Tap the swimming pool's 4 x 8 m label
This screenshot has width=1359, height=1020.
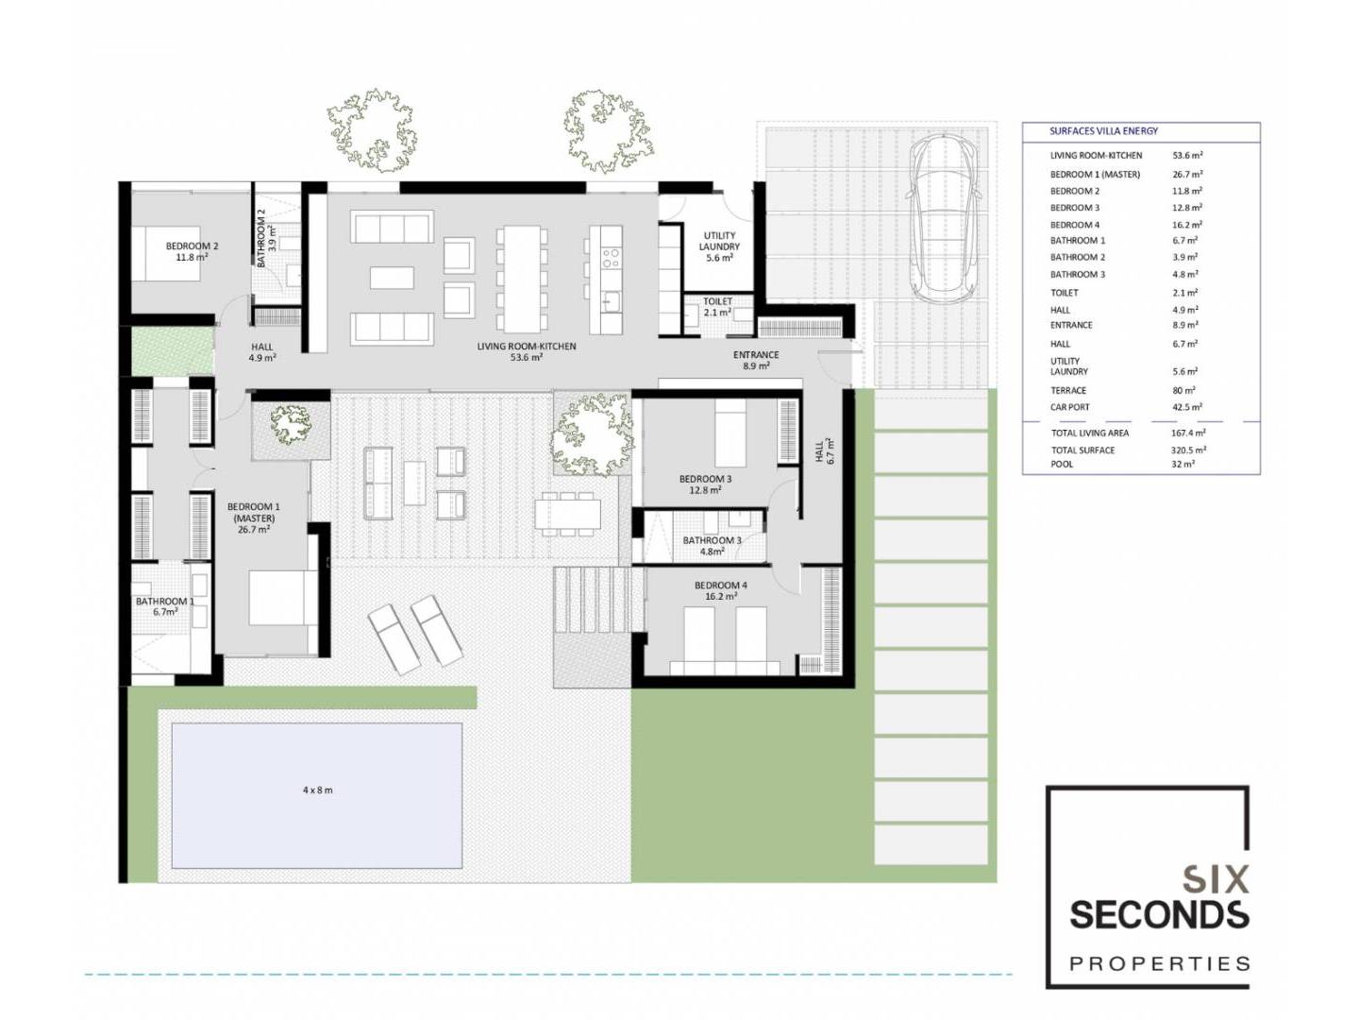click(318, 790)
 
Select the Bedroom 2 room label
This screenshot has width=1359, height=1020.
click(192, 251)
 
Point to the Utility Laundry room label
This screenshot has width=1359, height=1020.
click(719, 246)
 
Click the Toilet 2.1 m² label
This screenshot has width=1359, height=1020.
click(717, 307)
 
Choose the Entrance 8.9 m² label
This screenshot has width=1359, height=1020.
click(756, 361)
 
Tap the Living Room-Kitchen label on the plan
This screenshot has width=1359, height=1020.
click(527, 351)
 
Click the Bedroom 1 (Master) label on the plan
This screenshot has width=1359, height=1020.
click(254, 518)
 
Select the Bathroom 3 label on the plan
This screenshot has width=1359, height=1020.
click(712, 546)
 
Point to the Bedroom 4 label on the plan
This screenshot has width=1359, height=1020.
click(721, 591)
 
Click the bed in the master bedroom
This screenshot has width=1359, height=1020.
click(284, 598)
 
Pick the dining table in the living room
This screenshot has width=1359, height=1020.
click(522, 280)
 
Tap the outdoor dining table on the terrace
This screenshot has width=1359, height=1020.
click(567, 513)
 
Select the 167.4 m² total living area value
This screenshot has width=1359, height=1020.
click(1188, 433)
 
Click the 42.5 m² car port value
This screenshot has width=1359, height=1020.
click(1187, 407)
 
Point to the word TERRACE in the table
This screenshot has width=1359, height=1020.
click(1068, 390)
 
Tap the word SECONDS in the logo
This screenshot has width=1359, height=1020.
click(1158, 914)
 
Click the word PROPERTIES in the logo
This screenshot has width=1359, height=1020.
click(1159, 963)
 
